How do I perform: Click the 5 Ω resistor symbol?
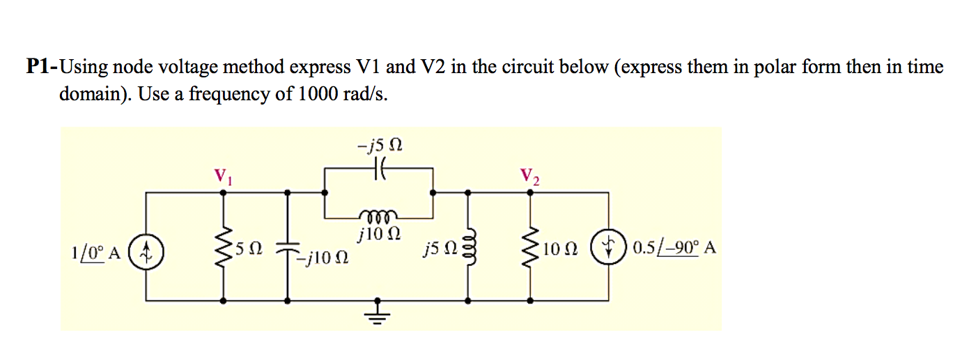tap(224, 248)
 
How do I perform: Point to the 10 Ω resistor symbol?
tap(532, 248)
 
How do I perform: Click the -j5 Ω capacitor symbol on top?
tap(378, 169)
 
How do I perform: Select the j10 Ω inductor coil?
tap(378, 213)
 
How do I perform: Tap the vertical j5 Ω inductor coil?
tap(467, 247)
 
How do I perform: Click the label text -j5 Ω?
tap(379, 146)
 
